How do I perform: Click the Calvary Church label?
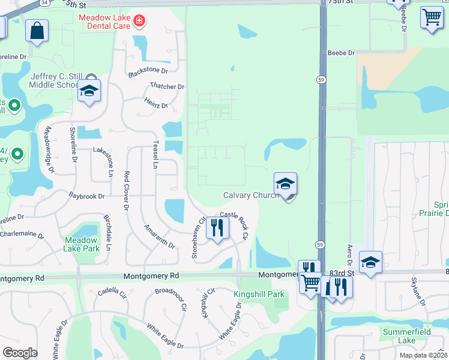(251, 195)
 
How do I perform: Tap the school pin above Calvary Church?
(285, 184)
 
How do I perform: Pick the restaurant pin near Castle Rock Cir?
(217, 228)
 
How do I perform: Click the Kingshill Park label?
(259, 294)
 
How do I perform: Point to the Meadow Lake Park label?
(82, 244)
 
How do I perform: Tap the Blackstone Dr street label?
(147, 73)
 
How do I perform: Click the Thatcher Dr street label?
(167, 87)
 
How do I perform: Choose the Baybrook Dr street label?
(86, 196)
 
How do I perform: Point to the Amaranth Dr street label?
(159, 236)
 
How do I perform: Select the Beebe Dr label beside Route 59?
(340, 53)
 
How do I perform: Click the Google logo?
(20, 352)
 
